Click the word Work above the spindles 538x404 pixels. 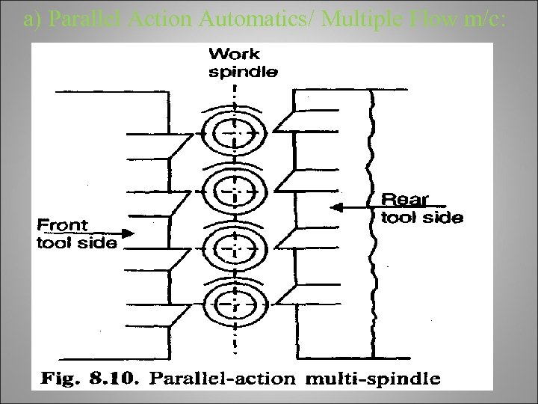(x=235, y=55)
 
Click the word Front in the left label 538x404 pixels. (x=64, y=224)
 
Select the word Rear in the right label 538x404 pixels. (x=405, y=200)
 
